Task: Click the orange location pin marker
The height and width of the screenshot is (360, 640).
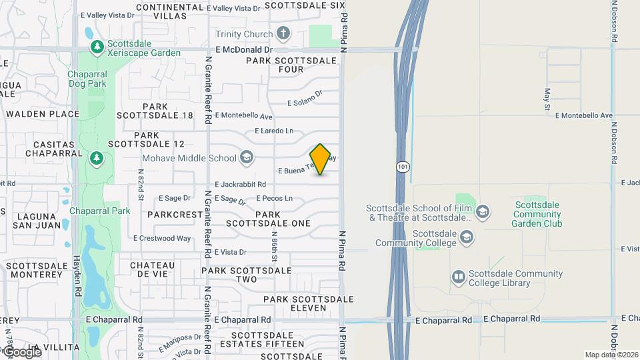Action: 321,159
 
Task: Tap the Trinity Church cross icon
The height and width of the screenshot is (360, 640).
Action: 283,33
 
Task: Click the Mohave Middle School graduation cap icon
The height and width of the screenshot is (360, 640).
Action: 247,157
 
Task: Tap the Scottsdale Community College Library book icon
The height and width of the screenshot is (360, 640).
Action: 458,276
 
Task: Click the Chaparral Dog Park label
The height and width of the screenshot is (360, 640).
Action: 87,79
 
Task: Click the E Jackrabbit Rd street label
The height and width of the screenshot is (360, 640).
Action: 240,184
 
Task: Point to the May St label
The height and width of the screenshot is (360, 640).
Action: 547,99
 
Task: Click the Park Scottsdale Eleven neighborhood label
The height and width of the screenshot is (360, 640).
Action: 303,303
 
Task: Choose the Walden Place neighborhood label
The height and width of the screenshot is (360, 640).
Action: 43,114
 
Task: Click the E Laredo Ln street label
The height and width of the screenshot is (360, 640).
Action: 274,131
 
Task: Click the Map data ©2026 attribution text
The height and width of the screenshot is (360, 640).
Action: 611,355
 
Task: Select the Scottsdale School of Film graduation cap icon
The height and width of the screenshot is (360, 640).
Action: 483,213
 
